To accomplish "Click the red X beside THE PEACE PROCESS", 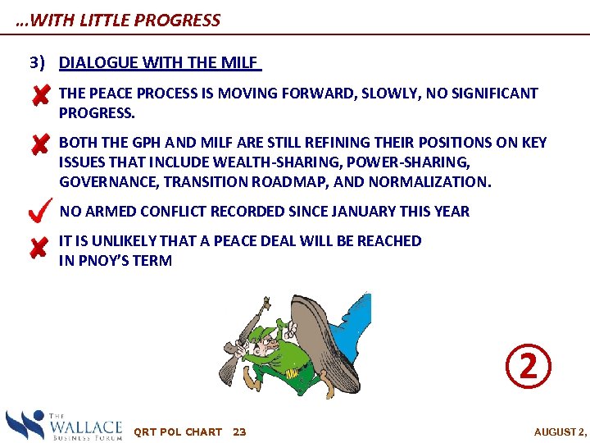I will tap(39, 97).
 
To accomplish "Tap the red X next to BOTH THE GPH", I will tap(39, 146).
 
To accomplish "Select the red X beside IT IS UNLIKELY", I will tap(39, 246).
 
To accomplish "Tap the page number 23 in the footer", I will tap(239, 432).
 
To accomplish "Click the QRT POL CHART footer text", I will tap(177, 432).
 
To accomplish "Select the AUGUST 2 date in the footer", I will tap(560, 432).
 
